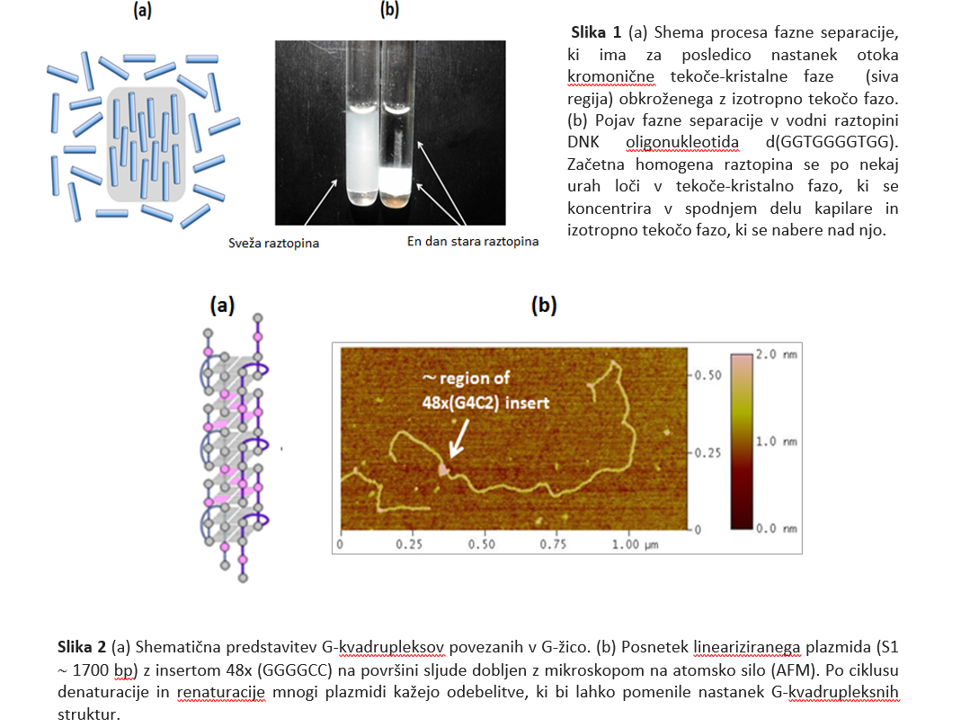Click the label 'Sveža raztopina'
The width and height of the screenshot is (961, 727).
coord(273,244)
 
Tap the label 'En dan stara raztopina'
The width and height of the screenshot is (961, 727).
coord(473,242)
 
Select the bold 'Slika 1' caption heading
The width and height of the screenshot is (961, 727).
coord(596,31)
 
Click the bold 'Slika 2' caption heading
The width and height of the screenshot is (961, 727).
coord(82,647)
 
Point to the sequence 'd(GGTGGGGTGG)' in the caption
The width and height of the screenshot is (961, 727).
coord(832,142)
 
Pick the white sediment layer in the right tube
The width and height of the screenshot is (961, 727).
coord(396,179)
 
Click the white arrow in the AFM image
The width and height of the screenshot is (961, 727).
coord(459,439)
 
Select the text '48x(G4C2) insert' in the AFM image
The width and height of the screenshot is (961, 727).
coord(485,403)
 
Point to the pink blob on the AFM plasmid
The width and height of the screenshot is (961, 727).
coord(443,470)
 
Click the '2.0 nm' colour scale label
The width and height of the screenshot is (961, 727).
coord(776,354)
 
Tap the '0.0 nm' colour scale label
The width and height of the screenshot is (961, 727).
coord(776,528)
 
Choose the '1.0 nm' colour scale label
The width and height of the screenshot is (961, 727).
coord(776,441)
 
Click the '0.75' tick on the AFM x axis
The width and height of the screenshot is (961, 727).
coord(553,544)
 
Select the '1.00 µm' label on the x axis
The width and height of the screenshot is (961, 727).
coord(635,544)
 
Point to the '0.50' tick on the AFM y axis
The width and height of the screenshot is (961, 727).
coord(707,375)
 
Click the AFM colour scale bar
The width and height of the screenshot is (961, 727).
coord(741,441)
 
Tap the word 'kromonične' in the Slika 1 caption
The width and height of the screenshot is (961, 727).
coord(610,76)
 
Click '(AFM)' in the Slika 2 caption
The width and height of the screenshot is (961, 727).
coord(798,669)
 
